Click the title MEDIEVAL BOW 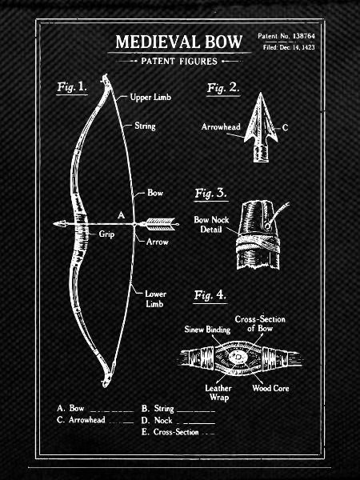pos(179,42)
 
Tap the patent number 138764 pos(304,36)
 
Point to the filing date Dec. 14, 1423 pos(297,47)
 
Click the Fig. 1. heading pos(72,87)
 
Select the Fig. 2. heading pos(223,88)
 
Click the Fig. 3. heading pos(211,194)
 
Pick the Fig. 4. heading pos(210,295)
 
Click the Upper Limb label pos(150,98)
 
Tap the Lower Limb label pos(155,298)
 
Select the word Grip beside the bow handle pos(106,234)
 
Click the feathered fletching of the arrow pos(160,224)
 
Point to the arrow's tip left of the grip pos(54,224)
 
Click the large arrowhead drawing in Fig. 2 pos(261,127)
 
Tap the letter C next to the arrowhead pos(285,127)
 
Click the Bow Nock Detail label pos(211,224)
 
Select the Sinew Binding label pos(207,330)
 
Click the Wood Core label pos(270,388)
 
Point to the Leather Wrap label pos(218,393)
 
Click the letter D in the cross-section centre pos(238,357)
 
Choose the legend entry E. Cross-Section pos(170,432)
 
